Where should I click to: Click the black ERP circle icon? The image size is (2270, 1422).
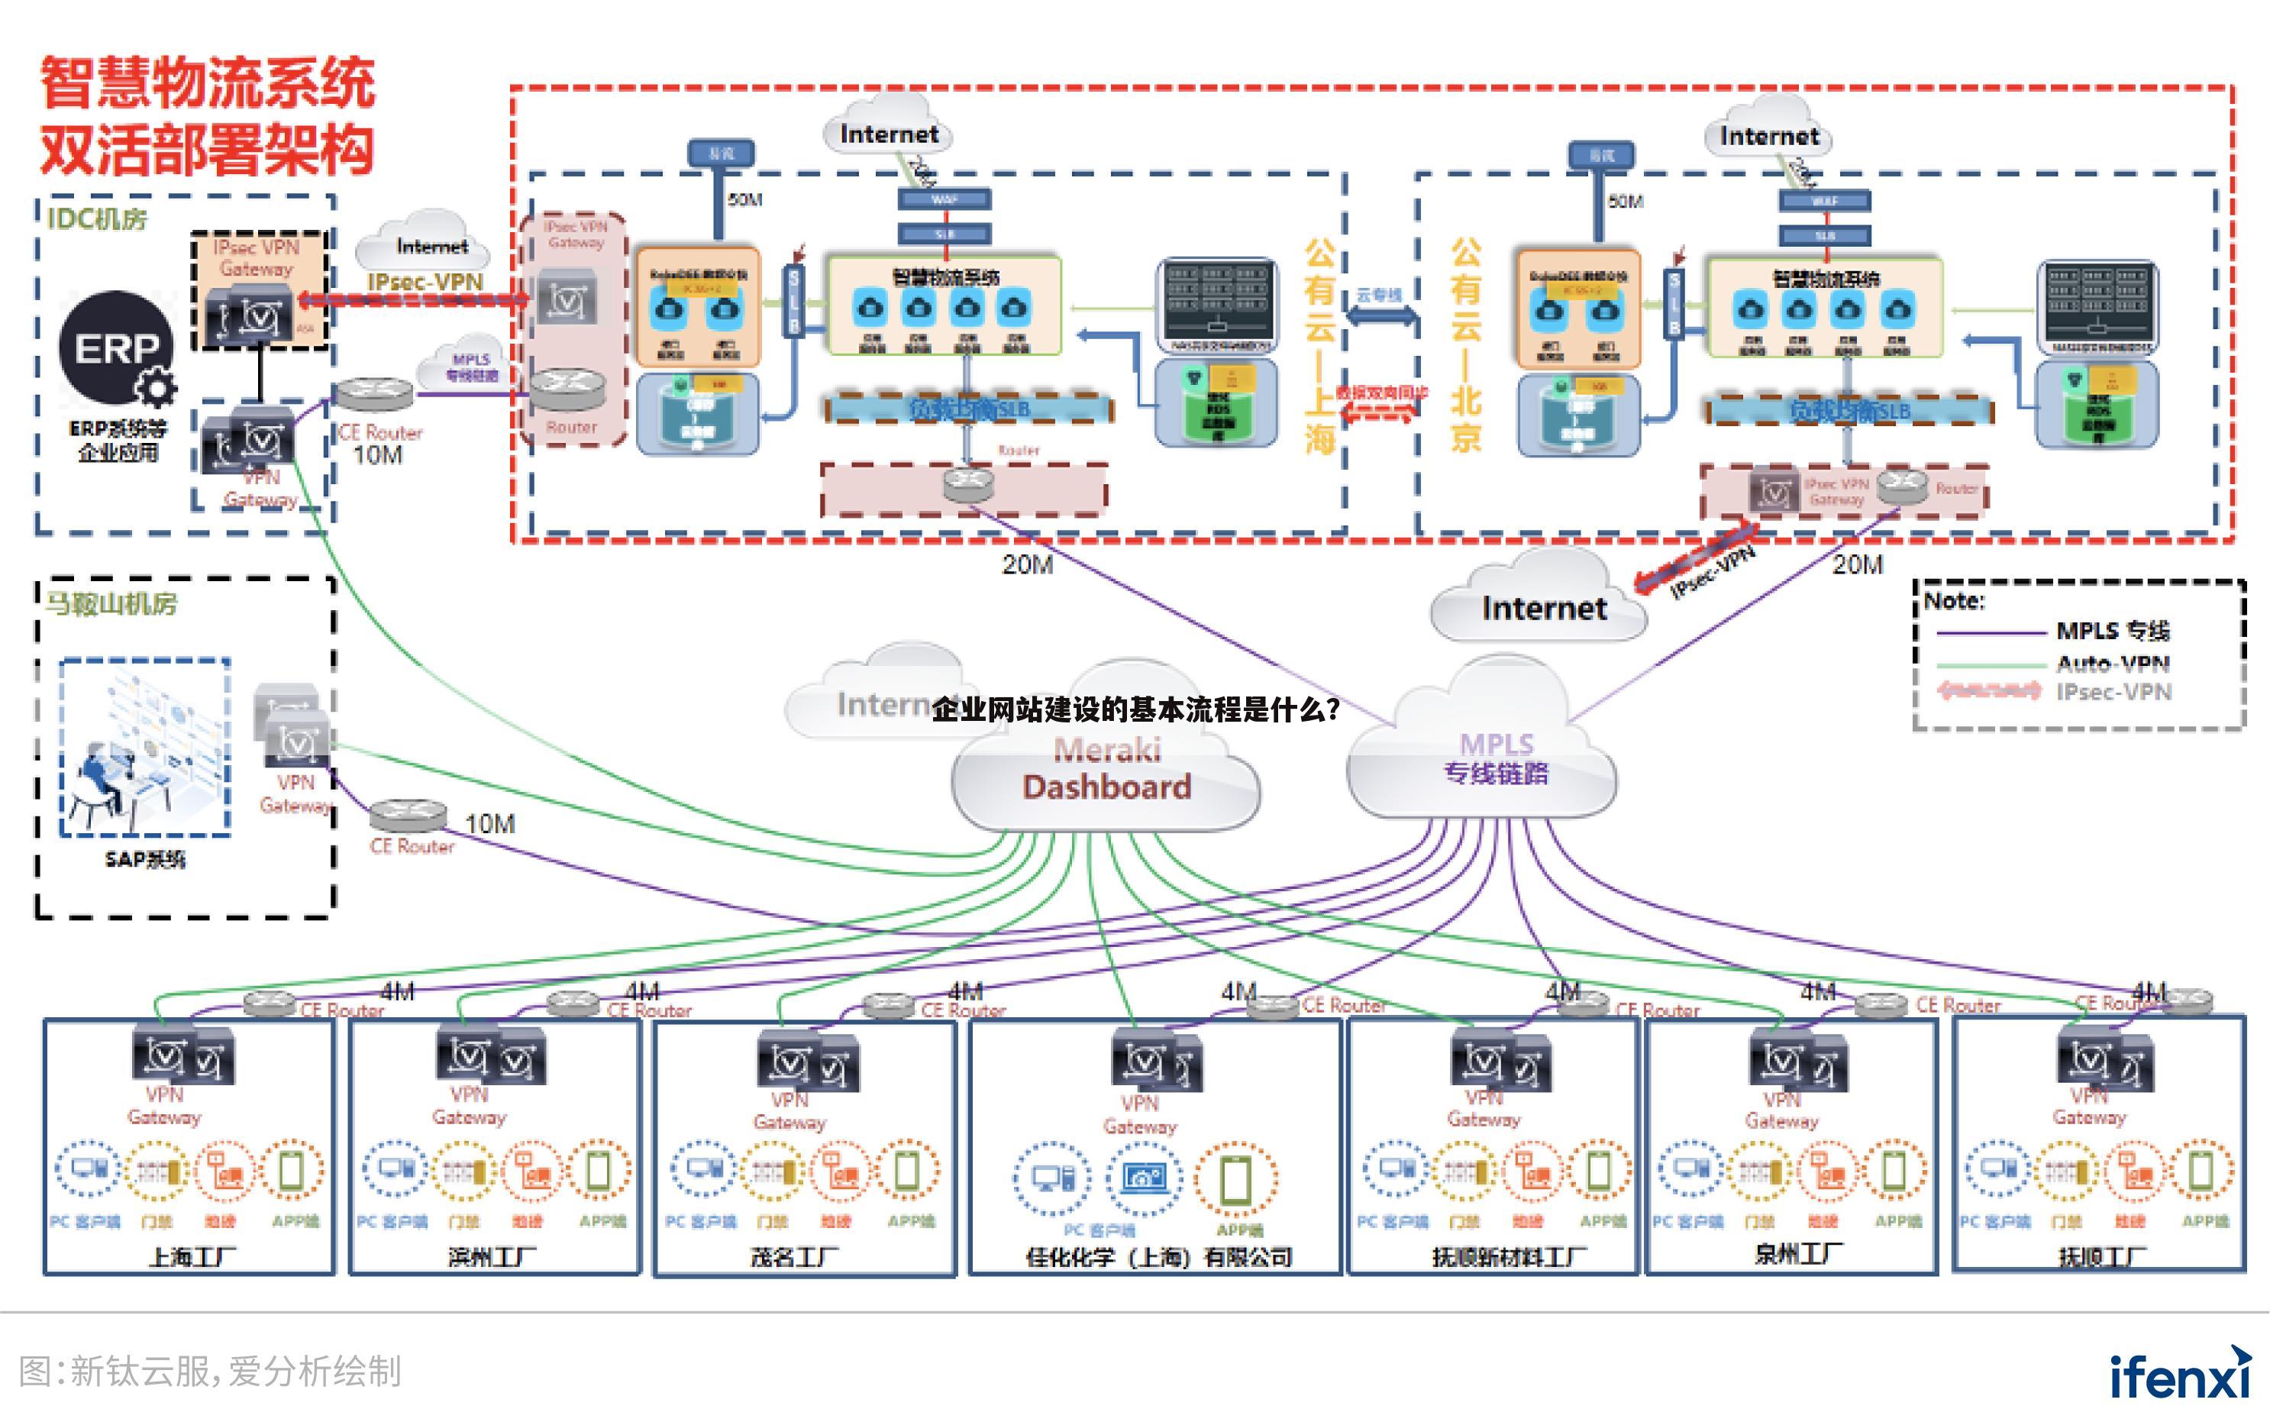tap(117, 348)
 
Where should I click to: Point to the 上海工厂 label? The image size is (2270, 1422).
tap(192, 1256)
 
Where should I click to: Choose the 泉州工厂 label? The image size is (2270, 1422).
tap(1799, 1254)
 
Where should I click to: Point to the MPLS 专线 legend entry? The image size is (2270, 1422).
tap(2112, 630)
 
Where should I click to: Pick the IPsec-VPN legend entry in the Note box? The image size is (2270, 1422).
tap(2112, 692)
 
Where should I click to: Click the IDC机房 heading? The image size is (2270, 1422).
tap(97, 219)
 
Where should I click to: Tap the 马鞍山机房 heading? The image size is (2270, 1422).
tap(111, 603)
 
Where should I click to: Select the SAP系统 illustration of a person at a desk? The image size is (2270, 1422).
tap(145, 748)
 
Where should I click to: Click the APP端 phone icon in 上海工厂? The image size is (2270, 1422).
tap(292, 1171)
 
